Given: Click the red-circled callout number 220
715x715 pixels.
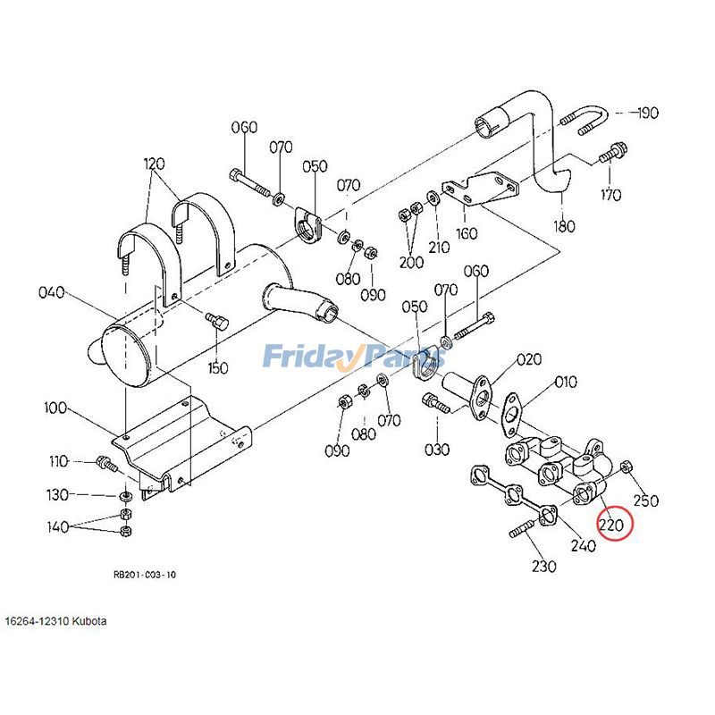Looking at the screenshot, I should click(612, 525).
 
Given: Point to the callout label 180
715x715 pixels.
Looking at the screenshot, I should click(564, 226).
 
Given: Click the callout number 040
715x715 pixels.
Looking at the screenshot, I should click(52, 292).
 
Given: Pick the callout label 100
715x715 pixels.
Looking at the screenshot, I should click(55, 408).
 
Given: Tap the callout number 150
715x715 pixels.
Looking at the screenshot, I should click(218, 367).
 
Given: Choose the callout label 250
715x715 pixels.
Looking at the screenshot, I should click(645, 500).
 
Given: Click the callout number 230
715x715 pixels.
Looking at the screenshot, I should click(543, 566).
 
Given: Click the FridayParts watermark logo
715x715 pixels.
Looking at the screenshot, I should click(354, 358).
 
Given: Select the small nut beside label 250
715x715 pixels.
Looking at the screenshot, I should click(627, 467).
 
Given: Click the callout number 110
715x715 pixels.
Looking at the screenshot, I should click(59, 462).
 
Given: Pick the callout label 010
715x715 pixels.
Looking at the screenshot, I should click(565, 383).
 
